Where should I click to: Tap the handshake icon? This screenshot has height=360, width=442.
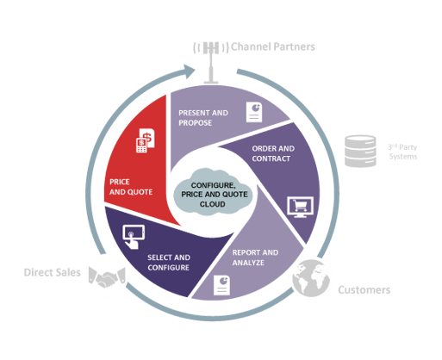[106, 276]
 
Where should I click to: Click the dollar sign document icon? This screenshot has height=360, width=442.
[146, 140]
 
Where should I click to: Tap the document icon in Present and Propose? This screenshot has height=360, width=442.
[255, 112]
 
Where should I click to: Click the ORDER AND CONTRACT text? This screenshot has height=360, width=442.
[275, 153]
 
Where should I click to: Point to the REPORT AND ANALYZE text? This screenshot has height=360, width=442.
[255, 258]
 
